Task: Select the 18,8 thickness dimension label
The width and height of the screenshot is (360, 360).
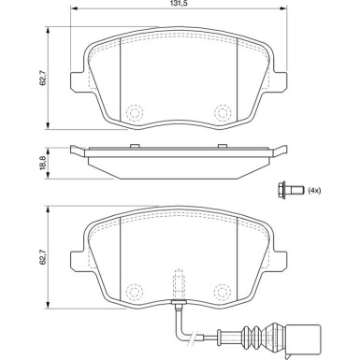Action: [x=43, y=163]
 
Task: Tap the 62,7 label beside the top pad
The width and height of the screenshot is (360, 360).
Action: [x=43, y=78]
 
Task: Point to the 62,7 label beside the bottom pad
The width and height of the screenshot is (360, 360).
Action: [x=43, y=257]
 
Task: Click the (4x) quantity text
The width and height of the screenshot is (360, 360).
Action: [x=314, y=191]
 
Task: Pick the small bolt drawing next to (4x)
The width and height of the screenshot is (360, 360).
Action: [x=290, y=189]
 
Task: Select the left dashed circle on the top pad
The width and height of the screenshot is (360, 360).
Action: [x=135, y=111]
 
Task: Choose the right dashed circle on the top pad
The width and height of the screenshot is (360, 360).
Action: [x=223, y=111]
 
